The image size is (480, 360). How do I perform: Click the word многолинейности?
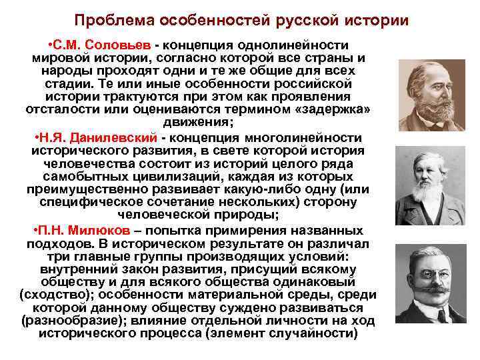[307, 137]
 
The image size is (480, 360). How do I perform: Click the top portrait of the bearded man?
[431, 95]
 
